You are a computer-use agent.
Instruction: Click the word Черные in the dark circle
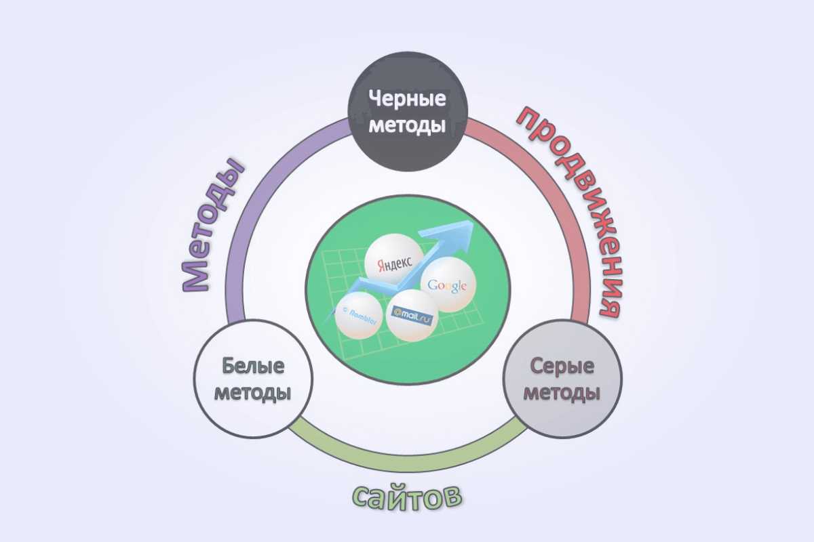(x=407, y=100)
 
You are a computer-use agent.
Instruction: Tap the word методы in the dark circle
(x=407, y=125)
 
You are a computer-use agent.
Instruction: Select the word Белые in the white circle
(x=252, y=368)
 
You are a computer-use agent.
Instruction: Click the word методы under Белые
(x=252, y=393)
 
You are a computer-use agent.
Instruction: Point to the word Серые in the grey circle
(x=562, y=368)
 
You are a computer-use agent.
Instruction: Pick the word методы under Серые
(x=562, y=393)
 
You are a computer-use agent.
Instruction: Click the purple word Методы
(x=213, y=224)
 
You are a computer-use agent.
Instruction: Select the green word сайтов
(x=407, y=498)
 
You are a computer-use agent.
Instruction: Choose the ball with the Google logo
(x=444, y=284)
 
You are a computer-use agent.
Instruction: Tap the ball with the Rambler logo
(x=357, y=315)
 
